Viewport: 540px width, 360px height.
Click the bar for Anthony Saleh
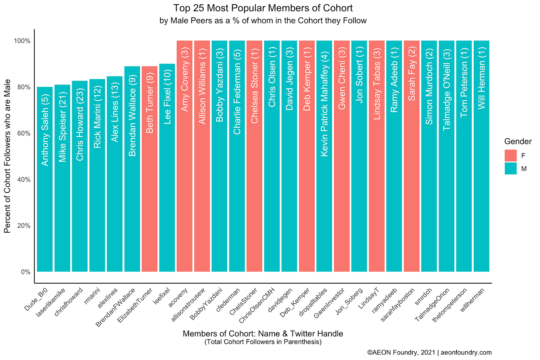45,179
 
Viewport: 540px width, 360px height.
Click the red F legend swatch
510,155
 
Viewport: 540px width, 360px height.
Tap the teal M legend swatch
510,169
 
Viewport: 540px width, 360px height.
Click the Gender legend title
518,142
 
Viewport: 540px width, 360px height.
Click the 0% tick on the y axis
25,272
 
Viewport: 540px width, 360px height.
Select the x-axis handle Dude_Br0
37,296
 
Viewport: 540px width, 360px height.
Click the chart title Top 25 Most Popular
263,8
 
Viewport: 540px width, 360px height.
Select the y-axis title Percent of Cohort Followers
7,156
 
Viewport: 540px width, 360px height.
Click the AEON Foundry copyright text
429,352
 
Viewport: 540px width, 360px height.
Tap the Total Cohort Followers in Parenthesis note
263,342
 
